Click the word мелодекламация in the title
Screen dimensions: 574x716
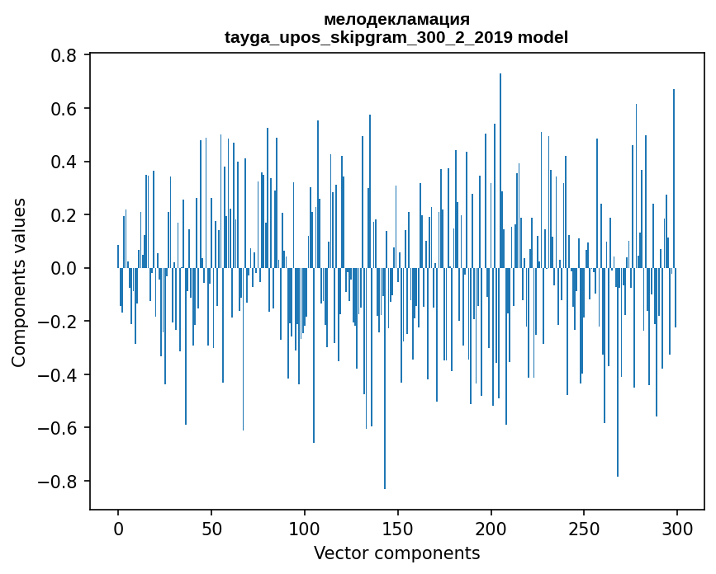click(x=396, y=19)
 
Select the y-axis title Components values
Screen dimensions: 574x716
click(x=19, y=282)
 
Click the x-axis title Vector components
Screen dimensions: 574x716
click(x=396, y=553)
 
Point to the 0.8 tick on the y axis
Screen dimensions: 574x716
click(x=64, y=56)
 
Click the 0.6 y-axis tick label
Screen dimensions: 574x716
click(x=64, y=109)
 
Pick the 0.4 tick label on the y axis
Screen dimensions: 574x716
click(x=64, y=162)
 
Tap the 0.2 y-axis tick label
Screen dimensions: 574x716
click(x=64, y=215)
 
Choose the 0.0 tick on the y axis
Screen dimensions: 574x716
click(x=64, y=269)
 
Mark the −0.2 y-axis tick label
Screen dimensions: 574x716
click(x=59, y=322)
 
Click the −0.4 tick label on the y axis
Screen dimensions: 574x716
click(x=59, y=375)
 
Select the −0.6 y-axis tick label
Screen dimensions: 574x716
click(x=59, y=428)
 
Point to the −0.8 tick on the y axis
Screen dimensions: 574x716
click(x=59, y=482)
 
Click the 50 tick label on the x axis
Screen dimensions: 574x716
click(x=211, y=529)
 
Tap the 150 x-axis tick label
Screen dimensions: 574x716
click(x=397, y=529)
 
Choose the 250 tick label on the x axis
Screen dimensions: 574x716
click(x=584, y=529)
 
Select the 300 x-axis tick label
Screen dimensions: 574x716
click(x=677, y=529)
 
